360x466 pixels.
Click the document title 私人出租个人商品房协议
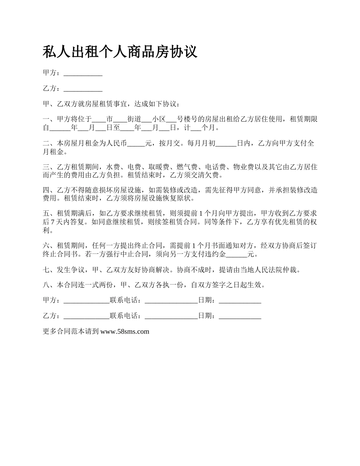[x=120, y=52]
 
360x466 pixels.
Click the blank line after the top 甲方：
[x=83, y=73]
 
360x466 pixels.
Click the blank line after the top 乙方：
[x=83, y=89]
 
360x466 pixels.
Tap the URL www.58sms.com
[x=125, y=332]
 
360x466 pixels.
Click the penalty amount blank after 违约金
[x=236, y=254]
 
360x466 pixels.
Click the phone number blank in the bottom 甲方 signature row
[x=171, y=300]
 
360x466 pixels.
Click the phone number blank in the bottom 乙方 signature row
[x=171, y=316]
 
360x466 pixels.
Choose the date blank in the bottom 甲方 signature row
[x=240, y=300]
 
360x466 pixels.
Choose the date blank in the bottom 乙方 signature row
[x=240, y=316]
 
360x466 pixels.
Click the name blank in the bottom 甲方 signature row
[x=86, y=300]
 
